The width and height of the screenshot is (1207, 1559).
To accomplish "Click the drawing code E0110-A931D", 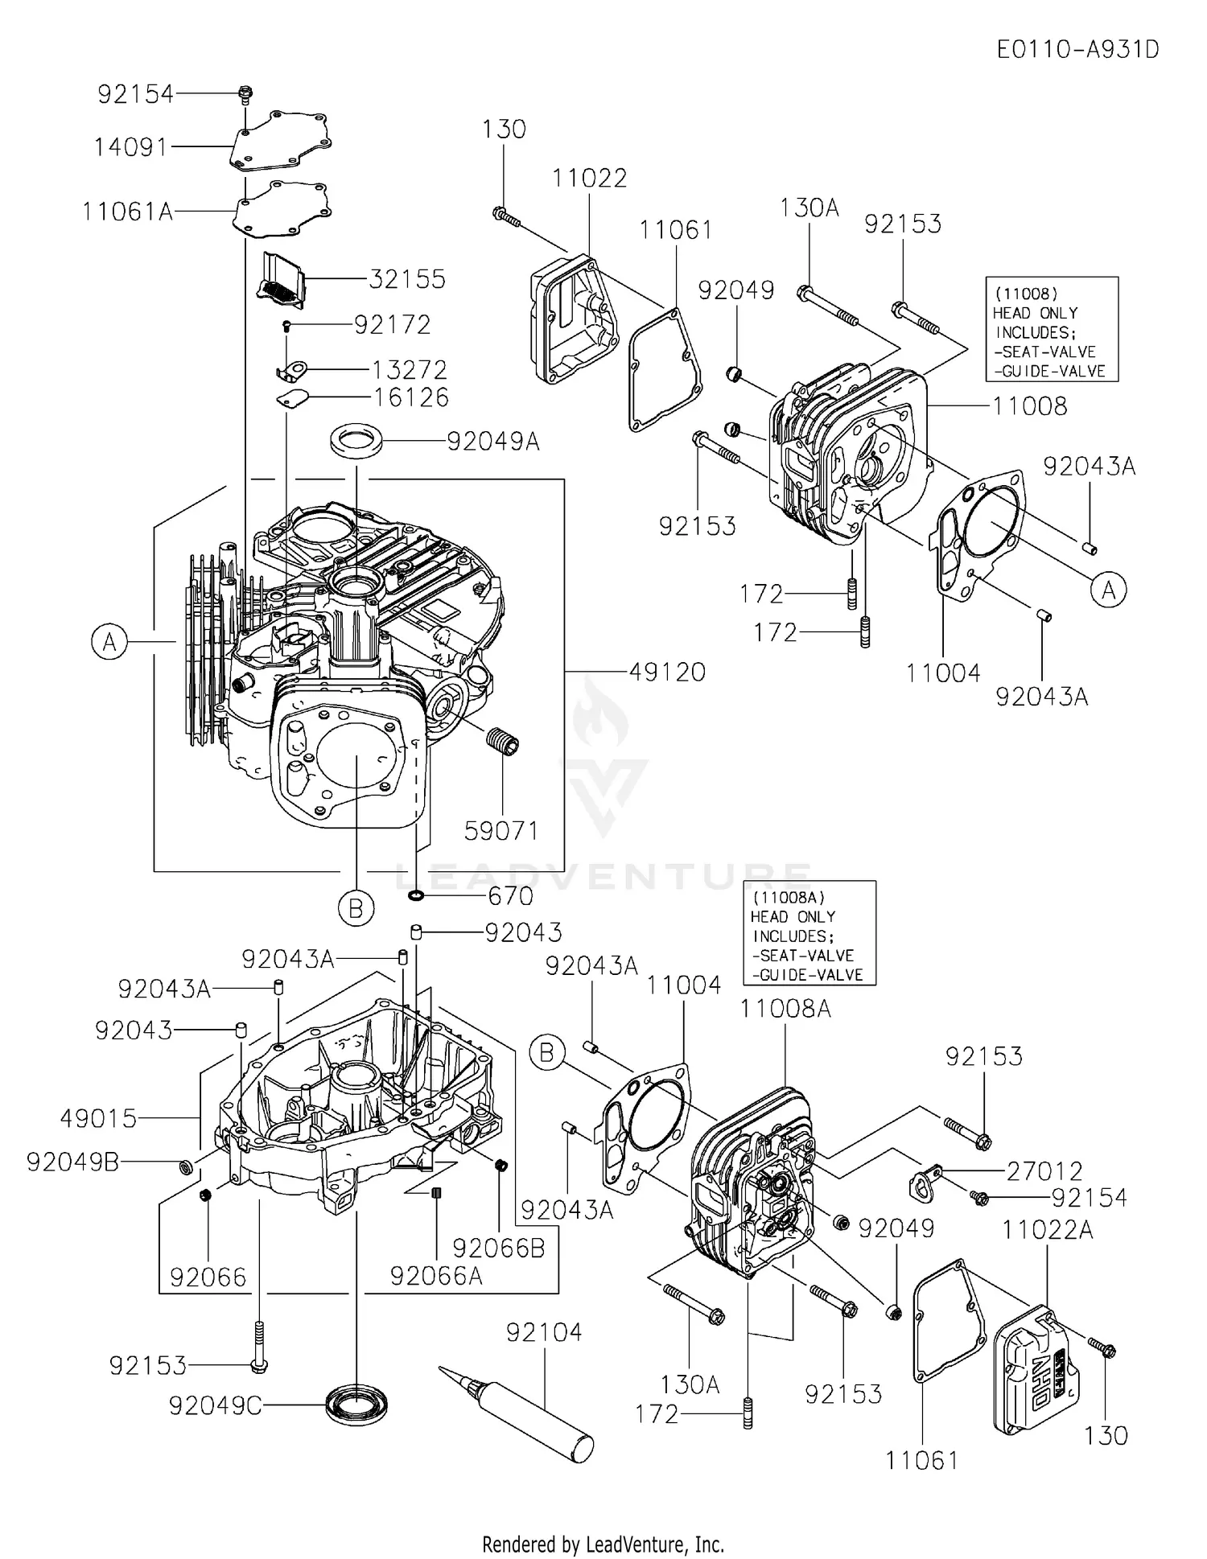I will click(x=1077, y=50).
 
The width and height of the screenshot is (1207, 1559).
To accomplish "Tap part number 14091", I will click(x=131, y=147).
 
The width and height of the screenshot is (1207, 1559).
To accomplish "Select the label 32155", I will click(x=407, y=279).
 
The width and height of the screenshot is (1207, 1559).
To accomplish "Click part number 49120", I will click(x=667, y=672).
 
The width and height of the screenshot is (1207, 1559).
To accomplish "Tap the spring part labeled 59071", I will click(x=504, y=739).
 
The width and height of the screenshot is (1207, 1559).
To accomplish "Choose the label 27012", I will click(x=1044, y=1171).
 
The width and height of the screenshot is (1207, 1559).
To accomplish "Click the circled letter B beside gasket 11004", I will click(x=547, y=1053).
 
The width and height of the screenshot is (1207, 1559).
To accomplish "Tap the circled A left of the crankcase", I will click(x=109, y=642).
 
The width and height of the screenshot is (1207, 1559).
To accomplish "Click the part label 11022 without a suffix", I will click(x=590, y=179).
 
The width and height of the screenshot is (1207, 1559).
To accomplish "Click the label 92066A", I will click(x=436, y=1275).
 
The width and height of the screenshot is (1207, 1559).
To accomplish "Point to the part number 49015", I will click(x=99, y=1118).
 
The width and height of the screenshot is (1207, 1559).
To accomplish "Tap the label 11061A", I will click(x=128, y=212).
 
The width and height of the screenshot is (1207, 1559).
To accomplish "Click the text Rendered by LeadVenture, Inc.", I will click(x=603, y=1544).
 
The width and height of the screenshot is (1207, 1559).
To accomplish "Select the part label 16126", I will click(x=411, y=397).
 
